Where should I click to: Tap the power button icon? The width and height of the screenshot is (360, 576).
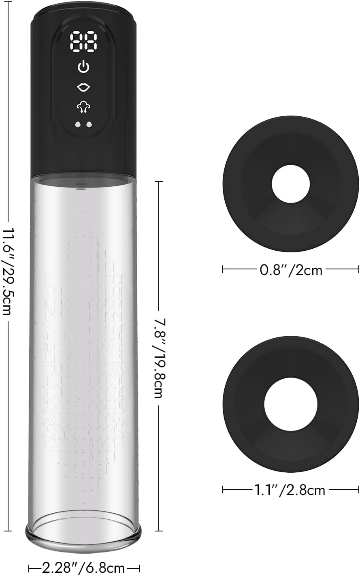pos(83,66)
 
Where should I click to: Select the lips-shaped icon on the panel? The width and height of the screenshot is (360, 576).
pos(83,87)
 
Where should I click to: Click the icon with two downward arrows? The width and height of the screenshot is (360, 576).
pos(83,107)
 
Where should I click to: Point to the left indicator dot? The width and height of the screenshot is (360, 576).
pos(78,125)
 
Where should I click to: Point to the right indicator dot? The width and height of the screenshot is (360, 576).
pos(89,125)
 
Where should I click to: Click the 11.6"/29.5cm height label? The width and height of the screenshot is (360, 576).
pos(8,271)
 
